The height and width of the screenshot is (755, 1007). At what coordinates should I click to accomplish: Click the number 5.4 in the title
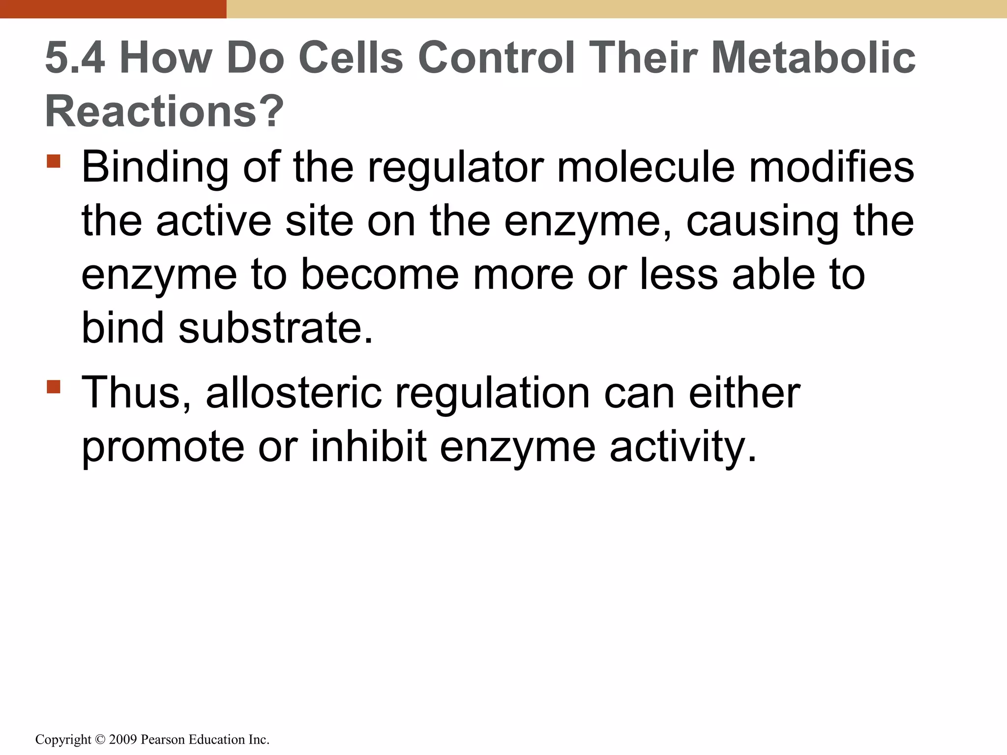point(75,58)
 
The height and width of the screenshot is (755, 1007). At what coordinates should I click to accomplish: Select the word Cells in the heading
point(351,58)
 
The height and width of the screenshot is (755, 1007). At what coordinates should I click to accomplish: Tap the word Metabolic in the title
point(813,58)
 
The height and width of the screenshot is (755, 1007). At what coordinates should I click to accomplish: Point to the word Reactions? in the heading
point(164,112)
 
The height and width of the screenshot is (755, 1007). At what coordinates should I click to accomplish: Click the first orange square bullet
point(54,161)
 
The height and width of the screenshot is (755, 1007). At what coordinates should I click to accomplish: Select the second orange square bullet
point(54,387)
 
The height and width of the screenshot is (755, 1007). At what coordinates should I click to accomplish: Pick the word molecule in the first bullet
point(646,168)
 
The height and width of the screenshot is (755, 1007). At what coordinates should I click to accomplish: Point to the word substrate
point(275,328)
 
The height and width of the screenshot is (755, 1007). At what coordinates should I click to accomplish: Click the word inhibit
point(369,447)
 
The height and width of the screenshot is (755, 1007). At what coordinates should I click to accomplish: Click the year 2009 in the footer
point(123,740)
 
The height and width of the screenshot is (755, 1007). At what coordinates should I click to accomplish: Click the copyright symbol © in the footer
point(100,740)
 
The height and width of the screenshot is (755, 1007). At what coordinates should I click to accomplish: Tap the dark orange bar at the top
point(113,9)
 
